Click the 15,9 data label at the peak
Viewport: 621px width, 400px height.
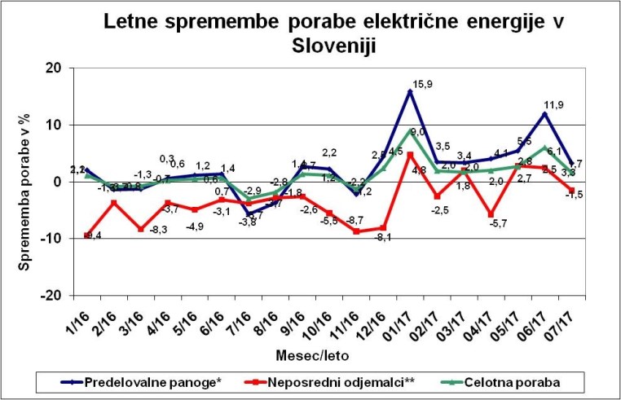[x=423, y=83]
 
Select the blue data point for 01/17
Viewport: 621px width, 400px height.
[x=410, y=91]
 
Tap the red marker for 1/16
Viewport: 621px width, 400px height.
[x=87, y=235]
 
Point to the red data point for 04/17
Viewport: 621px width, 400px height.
[x=491, y=214]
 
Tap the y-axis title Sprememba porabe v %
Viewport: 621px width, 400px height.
[x=25, y=182]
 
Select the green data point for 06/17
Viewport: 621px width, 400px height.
[x=545, y=147]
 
